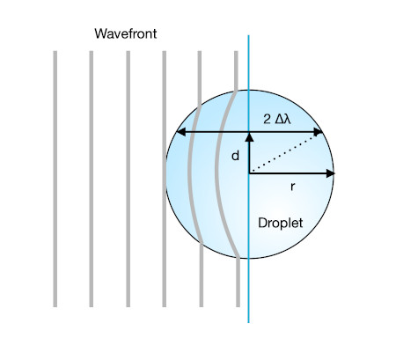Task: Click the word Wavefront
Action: click(126, 33)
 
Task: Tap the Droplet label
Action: click(281, 223)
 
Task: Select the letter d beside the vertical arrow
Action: click(235, 156)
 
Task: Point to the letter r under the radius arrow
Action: click(292, 187)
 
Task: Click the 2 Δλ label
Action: click(277, 120)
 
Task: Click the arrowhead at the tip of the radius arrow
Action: click(331, 173)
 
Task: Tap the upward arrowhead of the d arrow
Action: click(249, 137)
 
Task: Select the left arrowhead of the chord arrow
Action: click(181, 132)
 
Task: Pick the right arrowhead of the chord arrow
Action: click(318, 132)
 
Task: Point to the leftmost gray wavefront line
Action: click(55, 179)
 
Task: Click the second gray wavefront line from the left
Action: click(92, 179)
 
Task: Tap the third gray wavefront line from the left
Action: click(128, 179)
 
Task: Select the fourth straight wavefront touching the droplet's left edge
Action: click(164, 179)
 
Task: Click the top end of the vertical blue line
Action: click(248, 35)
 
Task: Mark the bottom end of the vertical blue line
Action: click(248, 322)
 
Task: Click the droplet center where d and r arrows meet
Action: click(249, 173)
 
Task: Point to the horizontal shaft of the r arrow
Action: click(288, 173)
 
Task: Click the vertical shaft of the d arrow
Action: click(249, 158)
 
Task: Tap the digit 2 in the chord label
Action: click(267, 120)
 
